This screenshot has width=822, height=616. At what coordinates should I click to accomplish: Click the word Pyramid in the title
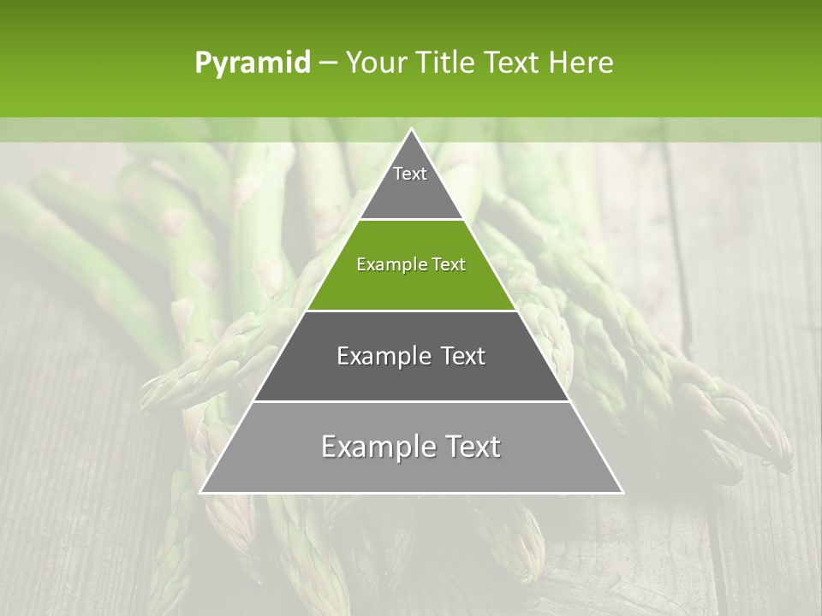[252, 63]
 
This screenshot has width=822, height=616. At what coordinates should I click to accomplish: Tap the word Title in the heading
[449, 63]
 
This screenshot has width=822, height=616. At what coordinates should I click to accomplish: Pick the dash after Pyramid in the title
[327, 63]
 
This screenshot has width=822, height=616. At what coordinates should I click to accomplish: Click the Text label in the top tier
[410, 174]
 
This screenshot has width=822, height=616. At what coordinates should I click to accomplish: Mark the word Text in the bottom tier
[471, 447]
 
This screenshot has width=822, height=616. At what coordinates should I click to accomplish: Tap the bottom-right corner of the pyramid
[622, 492]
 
